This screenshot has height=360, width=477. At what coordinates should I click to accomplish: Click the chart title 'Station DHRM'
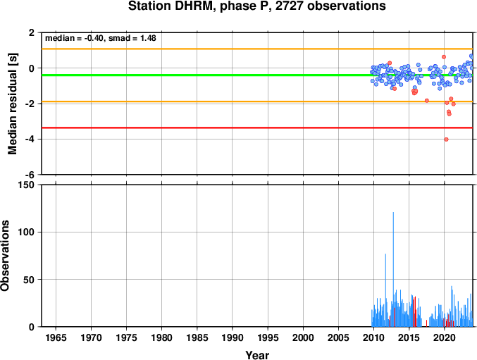click(x=169, y=6)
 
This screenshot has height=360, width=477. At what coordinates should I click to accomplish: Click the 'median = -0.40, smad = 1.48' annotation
click(x=101, y=38)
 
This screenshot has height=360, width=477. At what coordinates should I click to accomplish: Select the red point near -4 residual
click(x=446, y=139)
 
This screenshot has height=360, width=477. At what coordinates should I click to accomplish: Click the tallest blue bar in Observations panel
click(x=393, y=269)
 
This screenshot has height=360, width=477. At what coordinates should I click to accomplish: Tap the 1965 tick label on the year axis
click(x=56, y=337)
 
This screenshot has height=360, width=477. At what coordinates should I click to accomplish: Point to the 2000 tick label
click(x=303, y=337)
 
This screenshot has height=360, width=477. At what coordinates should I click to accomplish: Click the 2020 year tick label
click(x=444, y=337)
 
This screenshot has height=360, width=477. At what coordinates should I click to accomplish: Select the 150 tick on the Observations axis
click(x=27, y=185)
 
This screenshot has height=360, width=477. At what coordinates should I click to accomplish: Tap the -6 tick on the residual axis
click(x=30, y=175)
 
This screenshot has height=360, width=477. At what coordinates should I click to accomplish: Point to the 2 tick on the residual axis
click(x=32, y=32)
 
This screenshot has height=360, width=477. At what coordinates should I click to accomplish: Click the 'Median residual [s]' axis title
click(x=13, y=104)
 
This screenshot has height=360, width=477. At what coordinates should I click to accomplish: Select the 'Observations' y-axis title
click(x=5, y=256)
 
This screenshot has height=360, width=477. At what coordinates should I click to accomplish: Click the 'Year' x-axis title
click(x=257, y=355)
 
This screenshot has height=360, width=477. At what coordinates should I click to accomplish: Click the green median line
click(x=257, y=75)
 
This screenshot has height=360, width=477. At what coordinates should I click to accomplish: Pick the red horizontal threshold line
click(x=257, y=128)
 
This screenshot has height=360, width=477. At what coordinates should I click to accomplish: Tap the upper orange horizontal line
click(x=257, y=49)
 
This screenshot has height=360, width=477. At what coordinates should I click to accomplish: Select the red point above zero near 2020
click(x=444, y=57)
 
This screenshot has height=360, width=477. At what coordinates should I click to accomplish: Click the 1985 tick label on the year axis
click(x=197, y=337)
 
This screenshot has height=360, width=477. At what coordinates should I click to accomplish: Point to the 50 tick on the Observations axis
click(x=29, y=280)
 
